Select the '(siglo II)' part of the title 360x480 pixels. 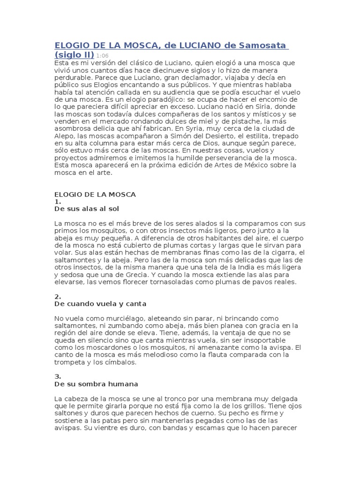75,55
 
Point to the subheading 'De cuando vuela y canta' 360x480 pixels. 101,304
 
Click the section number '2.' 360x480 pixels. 58,297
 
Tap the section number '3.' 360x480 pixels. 58,377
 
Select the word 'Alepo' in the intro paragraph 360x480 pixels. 65,136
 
